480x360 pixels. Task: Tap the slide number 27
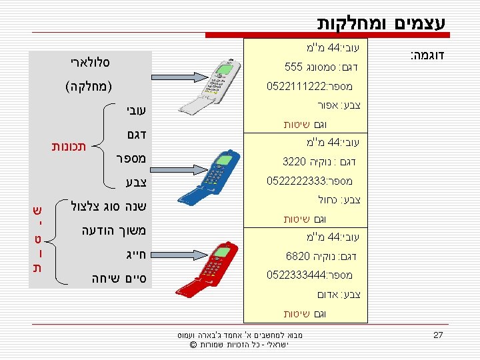pos(438,335)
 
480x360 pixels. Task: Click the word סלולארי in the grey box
pos(89,63)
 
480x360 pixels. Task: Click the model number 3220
pos(295,161)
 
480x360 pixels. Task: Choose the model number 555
pos(293,67)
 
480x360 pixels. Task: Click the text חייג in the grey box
pos(133,254)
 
